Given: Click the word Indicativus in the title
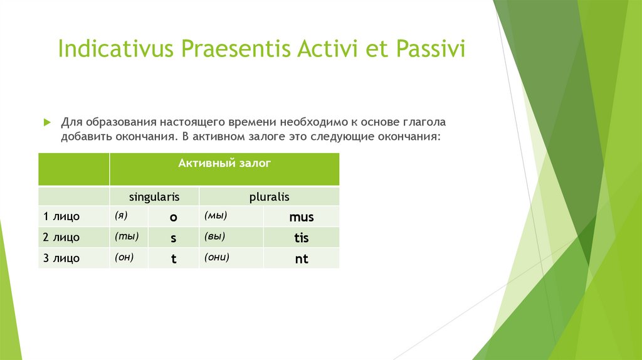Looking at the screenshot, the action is tap(116, 48).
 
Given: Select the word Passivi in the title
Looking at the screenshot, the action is tap(430, 48).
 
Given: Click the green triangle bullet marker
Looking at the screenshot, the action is tap(47, 122).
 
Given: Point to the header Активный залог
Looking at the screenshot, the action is tap(224, 164).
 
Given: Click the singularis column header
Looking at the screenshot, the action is tap(154, 197).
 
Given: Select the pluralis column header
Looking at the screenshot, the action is tap(269, 197).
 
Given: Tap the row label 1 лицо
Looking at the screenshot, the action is tap(61, 216).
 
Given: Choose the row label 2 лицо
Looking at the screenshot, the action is tap(61, 237).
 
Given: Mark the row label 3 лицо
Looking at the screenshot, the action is tap(61, 258).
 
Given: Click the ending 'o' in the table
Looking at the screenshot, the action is tap(174, 218).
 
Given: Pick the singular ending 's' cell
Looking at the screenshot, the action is tap(174, 238).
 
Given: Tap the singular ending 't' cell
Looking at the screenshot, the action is tap(174, 259).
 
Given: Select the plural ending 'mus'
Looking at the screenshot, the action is tap(302, 217).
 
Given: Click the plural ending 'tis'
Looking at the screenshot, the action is tap(302, 238).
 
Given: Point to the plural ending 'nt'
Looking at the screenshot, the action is tap(302, 259).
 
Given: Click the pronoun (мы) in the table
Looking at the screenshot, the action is tap(216, 215).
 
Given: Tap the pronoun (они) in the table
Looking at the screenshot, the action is tap(216, 257).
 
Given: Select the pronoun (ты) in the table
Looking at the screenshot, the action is tap(127, 236).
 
